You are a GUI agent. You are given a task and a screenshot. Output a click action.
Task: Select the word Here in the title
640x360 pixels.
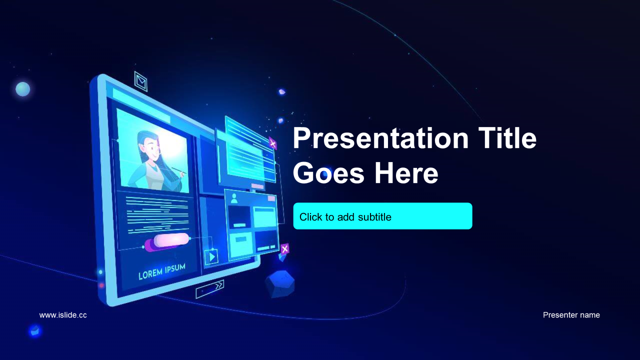406,173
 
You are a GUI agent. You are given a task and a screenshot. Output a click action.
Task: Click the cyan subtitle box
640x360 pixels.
382,216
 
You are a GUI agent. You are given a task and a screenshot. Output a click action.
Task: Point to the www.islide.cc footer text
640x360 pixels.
63,315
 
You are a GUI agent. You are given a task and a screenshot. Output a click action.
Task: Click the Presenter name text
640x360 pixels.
571,315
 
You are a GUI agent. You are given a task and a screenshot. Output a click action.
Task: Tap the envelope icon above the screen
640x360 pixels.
141,81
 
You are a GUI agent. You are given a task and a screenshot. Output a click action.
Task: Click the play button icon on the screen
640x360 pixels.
211,257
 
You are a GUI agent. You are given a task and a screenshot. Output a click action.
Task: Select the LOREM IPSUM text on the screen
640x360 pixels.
161,271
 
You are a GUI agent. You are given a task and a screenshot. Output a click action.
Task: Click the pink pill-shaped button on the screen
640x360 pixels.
171,239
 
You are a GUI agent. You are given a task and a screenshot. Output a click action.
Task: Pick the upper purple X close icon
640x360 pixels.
272,143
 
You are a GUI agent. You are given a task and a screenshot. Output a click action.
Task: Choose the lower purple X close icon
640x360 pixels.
284,249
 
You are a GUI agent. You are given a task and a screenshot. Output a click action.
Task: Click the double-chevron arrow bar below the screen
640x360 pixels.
209,289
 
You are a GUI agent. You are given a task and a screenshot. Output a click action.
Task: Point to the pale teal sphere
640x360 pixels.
23,89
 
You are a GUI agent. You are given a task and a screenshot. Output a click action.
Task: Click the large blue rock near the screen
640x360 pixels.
279,284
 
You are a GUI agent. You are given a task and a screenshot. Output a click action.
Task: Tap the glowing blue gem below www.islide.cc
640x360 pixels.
35,331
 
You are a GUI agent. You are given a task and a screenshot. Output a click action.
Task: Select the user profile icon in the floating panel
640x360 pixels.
234,198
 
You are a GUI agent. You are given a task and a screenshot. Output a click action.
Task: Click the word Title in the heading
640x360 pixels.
507,138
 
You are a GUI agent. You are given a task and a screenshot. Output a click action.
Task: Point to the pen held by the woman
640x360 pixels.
179,170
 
